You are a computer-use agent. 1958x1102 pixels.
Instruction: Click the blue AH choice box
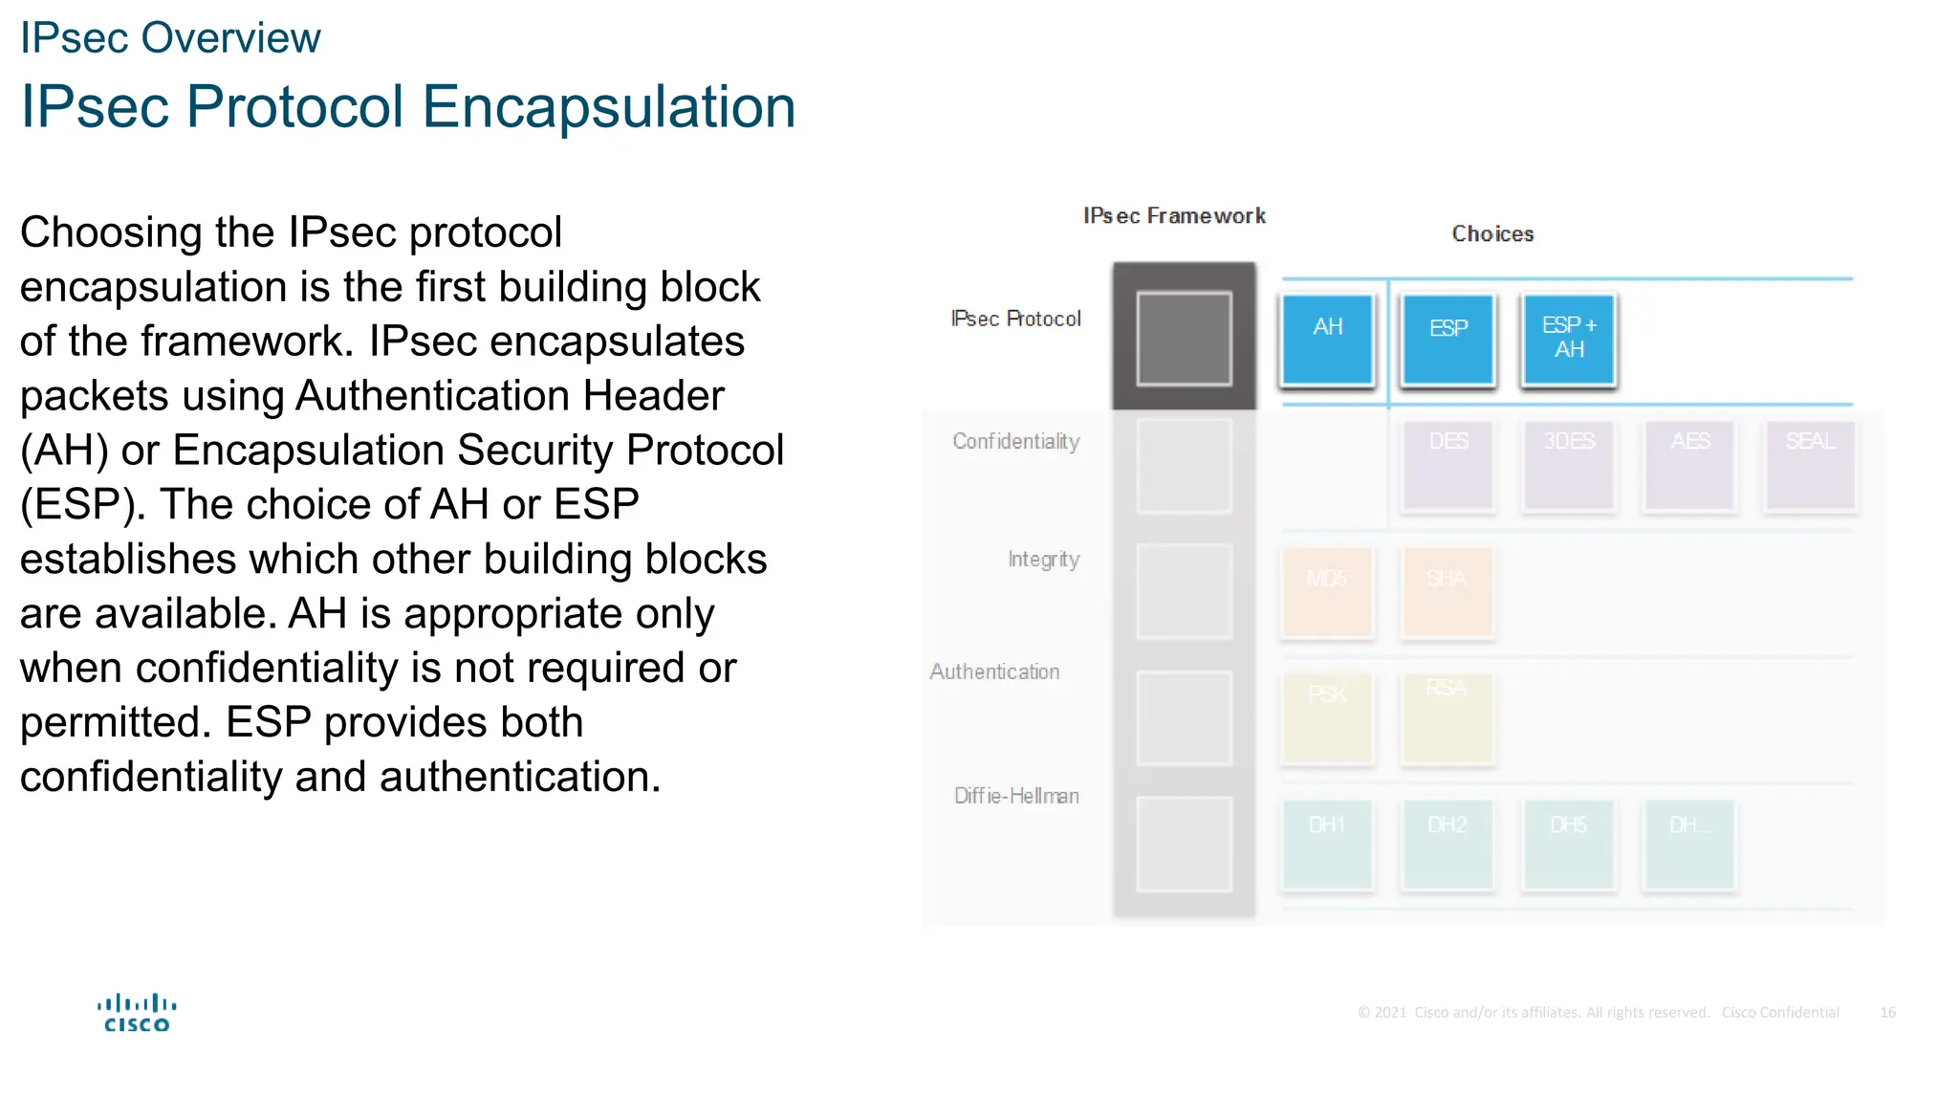tap(1327, 340)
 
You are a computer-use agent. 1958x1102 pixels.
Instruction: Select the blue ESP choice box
tap(1447, 340)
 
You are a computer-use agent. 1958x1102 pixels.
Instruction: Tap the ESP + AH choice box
tap(1569, 340)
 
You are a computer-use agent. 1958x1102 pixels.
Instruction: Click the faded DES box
tap(1447, 466)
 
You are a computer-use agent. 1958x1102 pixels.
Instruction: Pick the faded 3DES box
tap(1569, 466)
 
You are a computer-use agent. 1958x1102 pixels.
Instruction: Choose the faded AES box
tap(1689, 466)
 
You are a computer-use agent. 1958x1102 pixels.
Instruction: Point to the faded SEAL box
tap(1810, 466)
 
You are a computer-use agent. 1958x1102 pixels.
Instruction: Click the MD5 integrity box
tap(1327, 591)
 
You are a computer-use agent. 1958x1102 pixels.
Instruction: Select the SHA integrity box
tap(1447, 591)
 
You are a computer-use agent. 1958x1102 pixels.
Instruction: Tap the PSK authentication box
tap(1327, 717)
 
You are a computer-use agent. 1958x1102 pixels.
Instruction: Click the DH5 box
tap(1569, 845)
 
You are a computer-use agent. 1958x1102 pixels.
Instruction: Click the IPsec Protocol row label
tap(1015, 319)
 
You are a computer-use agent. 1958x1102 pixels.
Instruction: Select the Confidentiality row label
tap(1015, 441)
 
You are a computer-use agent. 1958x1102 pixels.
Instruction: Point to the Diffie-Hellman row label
tap(1016, 796)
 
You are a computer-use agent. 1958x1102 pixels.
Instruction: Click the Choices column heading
tap(1492, 233)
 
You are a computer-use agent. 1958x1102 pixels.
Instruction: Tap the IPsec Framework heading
tap(1174, 216)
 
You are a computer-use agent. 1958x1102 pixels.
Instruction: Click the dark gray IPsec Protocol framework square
tap(1184, 339)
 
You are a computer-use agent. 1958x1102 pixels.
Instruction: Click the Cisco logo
tap(137, 1013)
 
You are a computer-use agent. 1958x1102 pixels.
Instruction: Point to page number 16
tap(1887, 1012)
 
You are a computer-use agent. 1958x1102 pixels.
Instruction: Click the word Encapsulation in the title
tap(608, 106)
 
